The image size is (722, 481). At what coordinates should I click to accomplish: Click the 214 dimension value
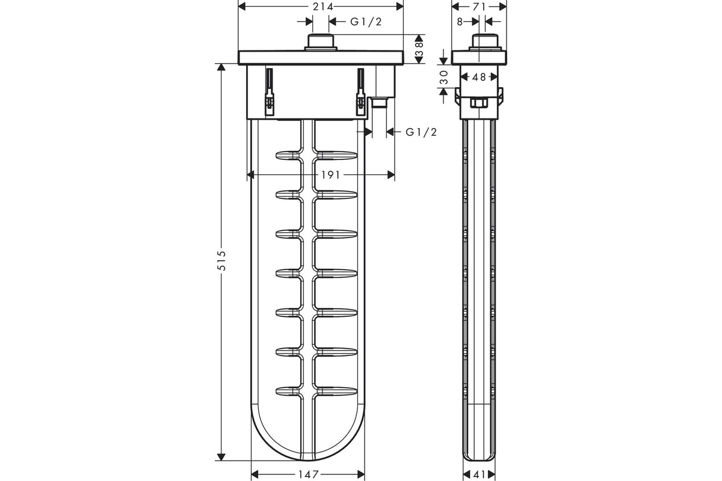322,7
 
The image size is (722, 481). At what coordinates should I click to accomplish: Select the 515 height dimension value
223,260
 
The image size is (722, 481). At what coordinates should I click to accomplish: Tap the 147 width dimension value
308,474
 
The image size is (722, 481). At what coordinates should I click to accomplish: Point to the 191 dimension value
330,175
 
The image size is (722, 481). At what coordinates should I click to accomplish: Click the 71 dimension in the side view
479,7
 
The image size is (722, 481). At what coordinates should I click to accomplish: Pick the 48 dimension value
479,77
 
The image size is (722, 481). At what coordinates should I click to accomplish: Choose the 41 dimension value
480,474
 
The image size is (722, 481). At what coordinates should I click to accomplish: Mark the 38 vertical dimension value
419,49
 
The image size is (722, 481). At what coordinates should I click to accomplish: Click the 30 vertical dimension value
444,78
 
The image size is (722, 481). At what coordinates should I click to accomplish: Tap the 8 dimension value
460,22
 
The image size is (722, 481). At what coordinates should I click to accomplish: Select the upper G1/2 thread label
366,22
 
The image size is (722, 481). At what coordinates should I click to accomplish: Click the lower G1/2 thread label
421,132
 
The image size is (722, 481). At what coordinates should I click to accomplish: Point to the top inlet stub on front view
321,42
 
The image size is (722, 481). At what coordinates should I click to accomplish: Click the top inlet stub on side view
485,42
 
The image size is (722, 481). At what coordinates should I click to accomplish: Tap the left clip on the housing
270,92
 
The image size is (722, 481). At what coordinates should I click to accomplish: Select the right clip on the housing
360,92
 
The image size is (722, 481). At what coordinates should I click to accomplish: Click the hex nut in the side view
479,103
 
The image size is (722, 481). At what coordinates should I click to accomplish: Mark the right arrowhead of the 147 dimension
360,474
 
